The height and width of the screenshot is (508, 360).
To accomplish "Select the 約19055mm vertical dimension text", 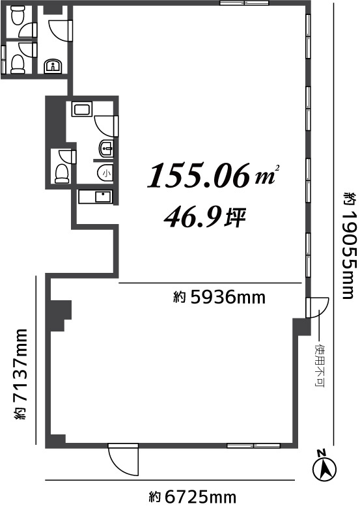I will pos(350,246).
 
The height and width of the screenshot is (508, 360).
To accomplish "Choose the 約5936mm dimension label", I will pos(219,298).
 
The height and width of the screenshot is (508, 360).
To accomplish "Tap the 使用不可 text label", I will pos(320,366).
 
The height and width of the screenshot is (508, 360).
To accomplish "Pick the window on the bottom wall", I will pos(253,446).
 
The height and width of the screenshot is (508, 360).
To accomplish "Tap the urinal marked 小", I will pos(105,173).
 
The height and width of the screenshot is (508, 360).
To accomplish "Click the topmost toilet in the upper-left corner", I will pos(16,16).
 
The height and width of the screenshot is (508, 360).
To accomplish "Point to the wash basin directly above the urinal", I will pos(105,148).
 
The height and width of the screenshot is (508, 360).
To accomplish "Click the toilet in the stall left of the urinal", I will pos(62,172).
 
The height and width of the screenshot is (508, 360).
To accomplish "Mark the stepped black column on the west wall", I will pos(59,315).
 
